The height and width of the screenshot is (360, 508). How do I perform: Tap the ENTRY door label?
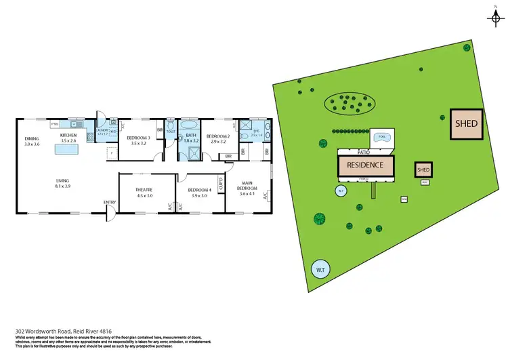pyautogui.click(x=109, y=202)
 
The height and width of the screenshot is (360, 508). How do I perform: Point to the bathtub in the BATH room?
pyautogui.click(x=189, y=126)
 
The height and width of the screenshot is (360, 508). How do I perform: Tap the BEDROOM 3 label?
pyautogui.click(x=137, y=138)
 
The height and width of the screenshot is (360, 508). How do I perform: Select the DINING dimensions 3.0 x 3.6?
pyautogui.click(x=33, y=144)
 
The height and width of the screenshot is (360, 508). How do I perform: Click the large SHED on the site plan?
pyautogui.click(x=466, y=124)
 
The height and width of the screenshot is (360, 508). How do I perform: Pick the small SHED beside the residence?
pyautogui.click(x=423, y=169)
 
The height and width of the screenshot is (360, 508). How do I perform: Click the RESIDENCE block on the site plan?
pyautogui.click(x=365, y=165)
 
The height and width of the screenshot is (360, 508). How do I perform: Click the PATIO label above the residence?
pyautogui.click(x=364, y=152)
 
